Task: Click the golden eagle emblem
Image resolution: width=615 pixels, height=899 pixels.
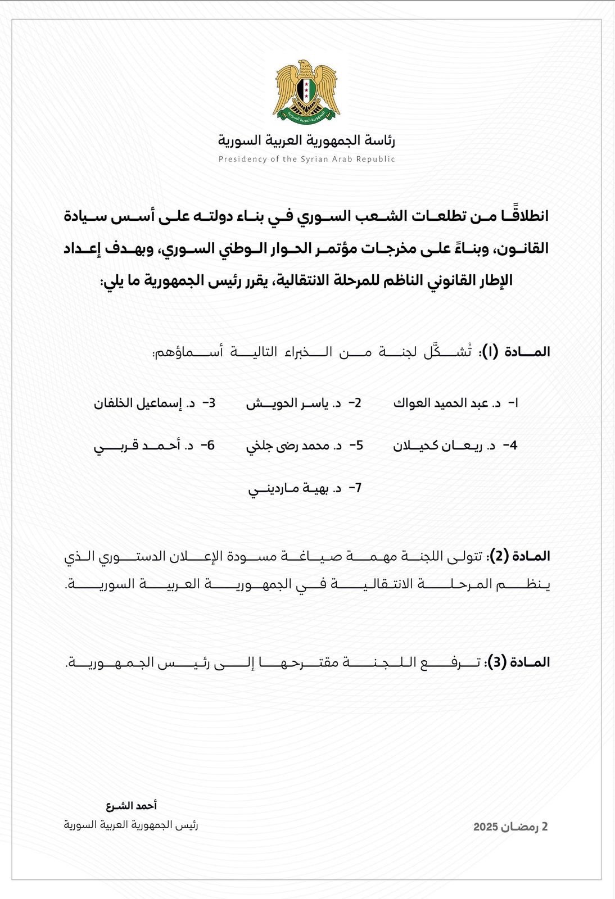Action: pos(306,92)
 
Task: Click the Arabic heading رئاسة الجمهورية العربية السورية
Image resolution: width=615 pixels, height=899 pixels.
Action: pos(306,140)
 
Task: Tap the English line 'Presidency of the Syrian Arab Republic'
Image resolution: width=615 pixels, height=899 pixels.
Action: pos(306,159)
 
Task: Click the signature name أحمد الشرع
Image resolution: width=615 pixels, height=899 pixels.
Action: pos(132,806)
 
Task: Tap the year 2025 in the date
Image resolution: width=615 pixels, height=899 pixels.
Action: pos(486,827)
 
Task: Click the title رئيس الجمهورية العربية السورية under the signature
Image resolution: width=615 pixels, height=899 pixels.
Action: pos(130,825)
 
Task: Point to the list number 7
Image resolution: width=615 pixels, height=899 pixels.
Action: pos(355,488)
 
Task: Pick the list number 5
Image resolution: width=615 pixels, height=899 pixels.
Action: pos(357,446)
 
